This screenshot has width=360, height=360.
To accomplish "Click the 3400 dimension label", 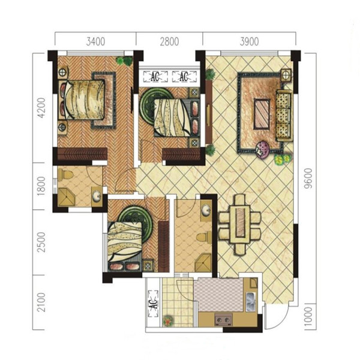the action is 95,41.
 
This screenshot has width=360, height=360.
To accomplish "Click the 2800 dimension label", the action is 169,41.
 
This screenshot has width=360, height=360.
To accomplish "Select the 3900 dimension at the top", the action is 250,41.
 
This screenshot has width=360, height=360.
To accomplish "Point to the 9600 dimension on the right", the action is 308,178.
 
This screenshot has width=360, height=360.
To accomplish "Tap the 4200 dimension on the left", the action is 41,108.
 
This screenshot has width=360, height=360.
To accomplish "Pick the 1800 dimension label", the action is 41,186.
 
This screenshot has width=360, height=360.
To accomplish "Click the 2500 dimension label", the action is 41,242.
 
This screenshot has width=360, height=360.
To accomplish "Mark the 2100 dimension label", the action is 41,302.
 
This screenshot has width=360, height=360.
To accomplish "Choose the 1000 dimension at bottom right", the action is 308,317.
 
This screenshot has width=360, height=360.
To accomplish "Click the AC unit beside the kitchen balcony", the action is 154,304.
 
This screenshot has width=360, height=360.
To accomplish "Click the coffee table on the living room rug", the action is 262,114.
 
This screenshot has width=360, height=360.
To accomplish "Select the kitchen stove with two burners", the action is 224,320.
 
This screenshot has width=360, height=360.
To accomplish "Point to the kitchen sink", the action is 251,301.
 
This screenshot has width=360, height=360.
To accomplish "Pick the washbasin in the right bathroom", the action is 206,211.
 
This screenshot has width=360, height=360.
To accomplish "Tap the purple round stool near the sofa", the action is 263,148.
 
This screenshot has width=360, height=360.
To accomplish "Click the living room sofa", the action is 284,115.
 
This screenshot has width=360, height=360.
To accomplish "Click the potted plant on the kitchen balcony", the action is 168,320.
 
